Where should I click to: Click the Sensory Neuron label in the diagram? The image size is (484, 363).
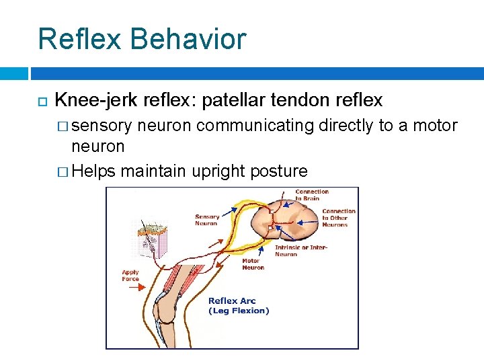[x=206, y=220]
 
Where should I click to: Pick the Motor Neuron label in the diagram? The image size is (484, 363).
[x=253, y=264]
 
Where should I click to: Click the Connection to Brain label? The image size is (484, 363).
[x=312, y=195]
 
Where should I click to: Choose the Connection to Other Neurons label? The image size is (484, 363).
[x=338, y=218]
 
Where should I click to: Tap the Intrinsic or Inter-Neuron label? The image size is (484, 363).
[x=300, y=251]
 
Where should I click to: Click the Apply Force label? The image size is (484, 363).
[x=130, y=276]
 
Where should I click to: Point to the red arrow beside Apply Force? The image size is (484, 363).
[x=134, y=286]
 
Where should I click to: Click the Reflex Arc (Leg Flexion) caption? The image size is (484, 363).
[x=238, y=306]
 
